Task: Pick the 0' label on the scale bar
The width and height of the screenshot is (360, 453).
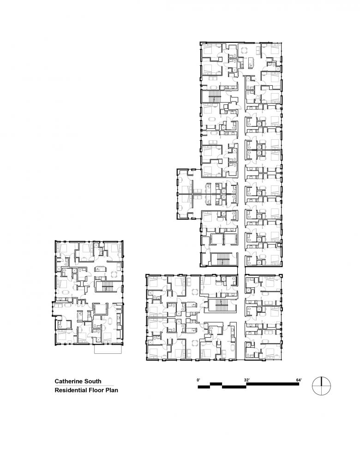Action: [198, 380]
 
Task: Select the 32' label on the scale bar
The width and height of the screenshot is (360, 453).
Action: [246, 380]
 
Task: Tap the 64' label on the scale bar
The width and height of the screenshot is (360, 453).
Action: [299, 380]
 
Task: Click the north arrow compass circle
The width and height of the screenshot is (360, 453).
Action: [322, 386]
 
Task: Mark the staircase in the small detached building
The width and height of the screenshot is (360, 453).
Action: [107, 287]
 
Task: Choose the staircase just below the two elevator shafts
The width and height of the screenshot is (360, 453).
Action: [222, 259]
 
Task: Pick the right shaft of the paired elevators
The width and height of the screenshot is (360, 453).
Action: [230, 239]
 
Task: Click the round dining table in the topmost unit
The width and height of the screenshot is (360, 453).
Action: [244, 51]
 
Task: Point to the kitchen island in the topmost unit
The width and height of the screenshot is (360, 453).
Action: [251, 62]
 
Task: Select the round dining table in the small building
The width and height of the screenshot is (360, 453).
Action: [114, 274]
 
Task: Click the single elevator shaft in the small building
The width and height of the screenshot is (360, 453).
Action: [100, 310]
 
